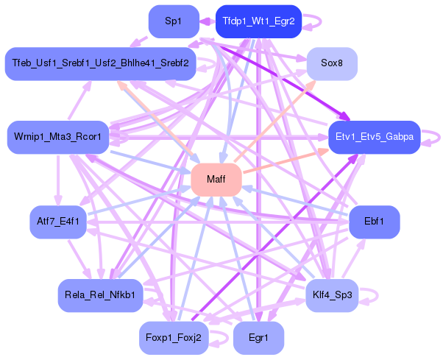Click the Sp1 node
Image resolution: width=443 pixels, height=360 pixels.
coord(174,21)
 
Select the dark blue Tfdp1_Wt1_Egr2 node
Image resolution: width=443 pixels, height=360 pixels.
coord(258,21)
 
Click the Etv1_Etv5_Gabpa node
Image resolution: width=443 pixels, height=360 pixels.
coord(374,138)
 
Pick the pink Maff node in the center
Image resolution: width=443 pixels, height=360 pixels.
coord(216,180)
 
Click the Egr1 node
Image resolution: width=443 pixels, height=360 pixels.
coord(258,339)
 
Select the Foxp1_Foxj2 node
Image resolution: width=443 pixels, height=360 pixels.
coord(174,339)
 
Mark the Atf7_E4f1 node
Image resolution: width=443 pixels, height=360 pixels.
coord(58,222)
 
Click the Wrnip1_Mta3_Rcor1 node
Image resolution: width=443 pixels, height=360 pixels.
coord(58,137)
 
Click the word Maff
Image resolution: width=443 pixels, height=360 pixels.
coord(216,180)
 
